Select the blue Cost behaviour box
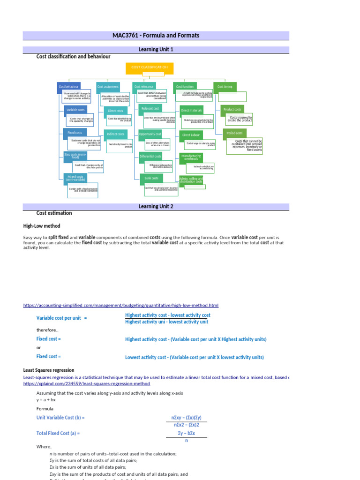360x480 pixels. (68, 87)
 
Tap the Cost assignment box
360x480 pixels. (108, 87)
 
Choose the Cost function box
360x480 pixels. (185, 87)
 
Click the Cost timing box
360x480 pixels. (225, 87)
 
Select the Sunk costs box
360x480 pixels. (151, 179)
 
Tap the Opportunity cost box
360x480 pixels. (150, 134)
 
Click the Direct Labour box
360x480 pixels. (191, 135)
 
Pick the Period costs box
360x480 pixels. (234, 133)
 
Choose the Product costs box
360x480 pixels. (232, 110)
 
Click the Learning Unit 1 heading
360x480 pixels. (156, 49)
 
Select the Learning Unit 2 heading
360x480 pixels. (156, 206)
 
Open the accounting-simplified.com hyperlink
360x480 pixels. (120, 306)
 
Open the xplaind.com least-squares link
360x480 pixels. (86, 383)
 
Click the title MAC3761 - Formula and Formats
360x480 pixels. (156, 36)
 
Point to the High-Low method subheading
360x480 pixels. (41, 226)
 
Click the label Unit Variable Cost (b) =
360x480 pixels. (60, 417)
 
